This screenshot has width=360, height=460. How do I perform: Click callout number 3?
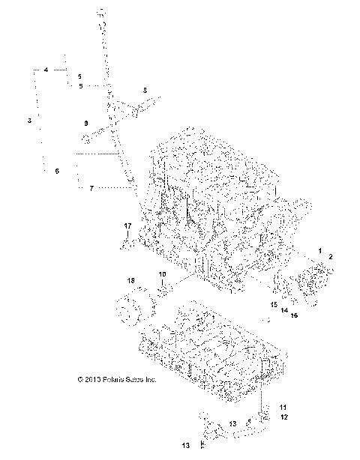click(29, 120)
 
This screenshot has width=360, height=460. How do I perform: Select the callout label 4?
click(46, 70)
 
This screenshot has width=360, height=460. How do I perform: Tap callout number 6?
click(56, 172)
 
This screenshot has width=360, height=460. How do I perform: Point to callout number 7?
click(91, 189)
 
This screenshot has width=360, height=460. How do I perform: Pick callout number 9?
click(86, 123)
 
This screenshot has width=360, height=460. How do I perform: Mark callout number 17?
click(127, 226)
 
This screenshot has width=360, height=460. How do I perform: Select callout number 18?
click(131, 280)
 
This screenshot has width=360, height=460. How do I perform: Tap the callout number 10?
click(162, 275)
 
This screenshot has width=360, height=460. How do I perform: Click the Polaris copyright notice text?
click(117, 380)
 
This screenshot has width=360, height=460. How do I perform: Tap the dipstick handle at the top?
click(100, 13)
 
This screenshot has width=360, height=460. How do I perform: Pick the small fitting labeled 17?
click(127, 241)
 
